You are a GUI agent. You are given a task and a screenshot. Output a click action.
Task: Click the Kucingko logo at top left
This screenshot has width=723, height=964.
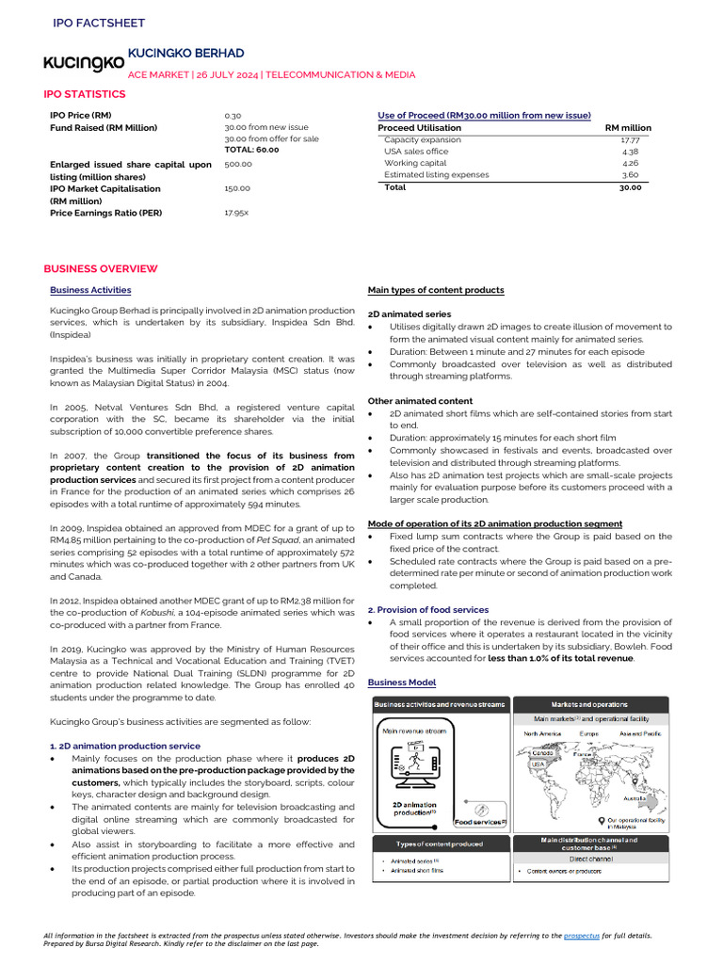click(x=84, y=63)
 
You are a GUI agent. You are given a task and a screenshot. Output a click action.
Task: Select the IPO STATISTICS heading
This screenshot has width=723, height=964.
click(x=84, y=94)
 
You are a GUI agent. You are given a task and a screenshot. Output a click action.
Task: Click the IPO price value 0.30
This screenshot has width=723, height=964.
click(x=233, y=115)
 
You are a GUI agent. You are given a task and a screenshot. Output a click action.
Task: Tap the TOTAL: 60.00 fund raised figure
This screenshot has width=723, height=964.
click(x=251, y=150)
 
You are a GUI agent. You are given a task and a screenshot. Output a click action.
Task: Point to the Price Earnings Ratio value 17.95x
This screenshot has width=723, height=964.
click(x=236, y=213)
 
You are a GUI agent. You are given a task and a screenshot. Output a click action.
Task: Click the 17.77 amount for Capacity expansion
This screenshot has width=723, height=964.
click(x=630, y=139)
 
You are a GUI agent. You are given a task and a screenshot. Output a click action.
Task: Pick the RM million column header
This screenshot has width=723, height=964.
click(x=627, y=127)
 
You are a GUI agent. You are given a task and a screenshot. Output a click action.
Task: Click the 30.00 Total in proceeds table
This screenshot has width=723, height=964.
click(x=629, y=187)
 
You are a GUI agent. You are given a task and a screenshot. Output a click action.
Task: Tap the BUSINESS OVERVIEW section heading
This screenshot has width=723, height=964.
click(x=101, y=269)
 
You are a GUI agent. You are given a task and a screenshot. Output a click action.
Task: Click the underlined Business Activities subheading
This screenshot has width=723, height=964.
click(x=90, y=290)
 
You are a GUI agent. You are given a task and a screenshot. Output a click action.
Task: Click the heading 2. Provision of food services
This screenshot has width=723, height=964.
click(x=428, y=609)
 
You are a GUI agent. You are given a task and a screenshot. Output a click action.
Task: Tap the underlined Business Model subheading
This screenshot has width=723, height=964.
click(x=402, y=682)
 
